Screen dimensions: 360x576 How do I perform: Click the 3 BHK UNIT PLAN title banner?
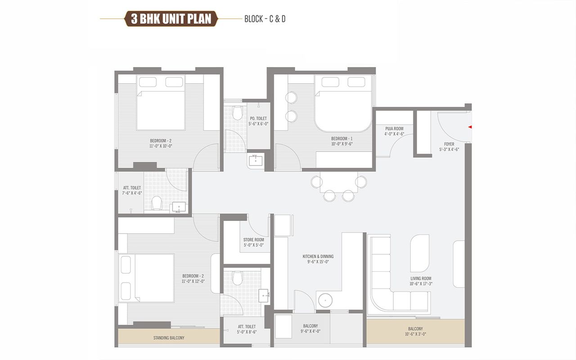click(171, 19)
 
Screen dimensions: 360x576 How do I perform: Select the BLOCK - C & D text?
click(265, 19)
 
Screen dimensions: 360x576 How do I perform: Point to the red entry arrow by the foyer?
click(470, 127)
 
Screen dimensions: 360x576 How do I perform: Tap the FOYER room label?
click(449, 144)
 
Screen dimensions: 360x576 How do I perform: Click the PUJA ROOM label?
click(394, 129)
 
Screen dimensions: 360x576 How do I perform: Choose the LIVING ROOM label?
click(421, 279)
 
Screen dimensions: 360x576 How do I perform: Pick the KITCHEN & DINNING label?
click(318, 256)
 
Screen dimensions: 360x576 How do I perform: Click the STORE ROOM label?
click(253, 240)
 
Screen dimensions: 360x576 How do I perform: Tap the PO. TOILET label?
click(258, 118)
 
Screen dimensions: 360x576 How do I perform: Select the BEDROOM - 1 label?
click(342, 138)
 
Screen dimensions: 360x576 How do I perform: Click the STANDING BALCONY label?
click(169, 338)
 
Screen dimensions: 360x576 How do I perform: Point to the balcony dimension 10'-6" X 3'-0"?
click(415, 334)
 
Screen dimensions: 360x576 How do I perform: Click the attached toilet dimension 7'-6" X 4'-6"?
click(132, 193)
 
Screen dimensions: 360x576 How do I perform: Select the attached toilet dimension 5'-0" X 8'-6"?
click(247, 333)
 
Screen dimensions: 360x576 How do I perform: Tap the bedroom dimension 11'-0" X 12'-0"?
click(193, 281)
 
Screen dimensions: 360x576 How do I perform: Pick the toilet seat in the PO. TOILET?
click(238, 112)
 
